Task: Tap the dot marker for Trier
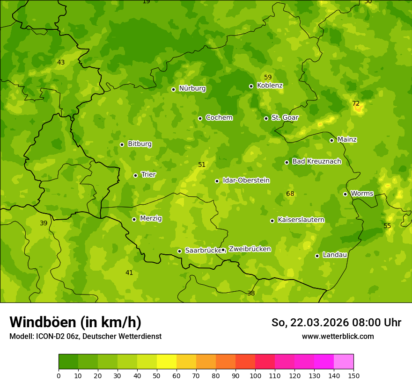point(136,175)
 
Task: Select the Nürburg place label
point(192,88)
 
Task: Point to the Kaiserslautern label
point(301,220)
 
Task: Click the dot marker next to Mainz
point(331,140)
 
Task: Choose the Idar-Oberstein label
point(246,180)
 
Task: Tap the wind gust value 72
point(356,103)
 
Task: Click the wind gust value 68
point(290,194)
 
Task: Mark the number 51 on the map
point(202,165)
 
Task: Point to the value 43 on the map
point(61,62)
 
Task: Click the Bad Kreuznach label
point(316,161)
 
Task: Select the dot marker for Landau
point(317,256)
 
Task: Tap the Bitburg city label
point(140,144)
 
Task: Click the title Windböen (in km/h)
point(75,322)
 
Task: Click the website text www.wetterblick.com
point(338,336)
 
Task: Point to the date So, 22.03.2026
point(310,323)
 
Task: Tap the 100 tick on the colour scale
point(255,375)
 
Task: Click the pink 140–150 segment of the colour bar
point(344,362)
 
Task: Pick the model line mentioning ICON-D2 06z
point(85,336)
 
